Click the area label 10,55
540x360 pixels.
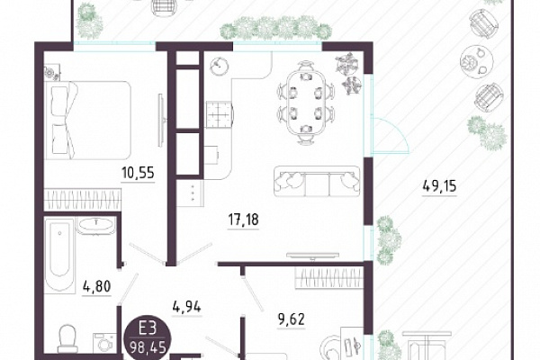coord(138,173)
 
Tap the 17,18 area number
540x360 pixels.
coord(243,220)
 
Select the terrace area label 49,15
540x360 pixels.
coord(439,186)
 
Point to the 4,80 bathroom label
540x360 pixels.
coord(97,286)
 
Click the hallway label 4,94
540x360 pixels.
coord(186,306)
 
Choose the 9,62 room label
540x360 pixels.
coord(291,319)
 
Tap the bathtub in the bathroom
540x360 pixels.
coord(59,256)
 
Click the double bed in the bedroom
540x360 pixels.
coord(88,120)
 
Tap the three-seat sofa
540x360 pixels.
coord(317,182)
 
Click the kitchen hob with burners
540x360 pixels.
coord(220,114)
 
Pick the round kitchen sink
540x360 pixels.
coord(219,66)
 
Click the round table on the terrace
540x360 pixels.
coord(477,61)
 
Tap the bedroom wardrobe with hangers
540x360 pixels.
coord(83,199)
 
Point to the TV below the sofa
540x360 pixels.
coord(313,256)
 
